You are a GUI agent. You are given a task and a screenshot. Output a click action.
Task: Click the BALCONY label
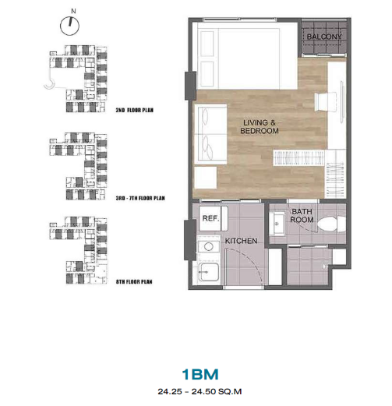click(x=324, y=37)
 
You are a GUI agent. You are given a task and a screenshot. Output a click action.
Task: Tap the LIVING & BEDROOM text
click(x=260, y=126)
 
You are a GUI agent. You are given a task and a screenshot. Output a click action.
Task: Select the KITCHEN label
click(x=241, y=241)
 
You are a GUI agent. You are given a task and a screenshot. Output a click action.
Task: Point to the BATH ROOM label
click(x=302, y=216)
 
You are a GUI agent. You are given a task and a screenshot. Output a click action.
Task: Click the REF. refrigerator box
click(x=214, y=218)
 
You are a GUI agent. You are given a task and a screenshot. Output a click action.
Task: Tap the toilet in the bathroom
click(x=331, y=224)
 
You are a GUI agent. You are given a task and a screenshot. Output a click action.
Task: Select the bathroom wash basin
click(x=277, y=224)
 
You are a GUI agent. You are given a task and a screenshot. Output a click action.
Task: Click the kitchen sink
click(x=209, y=272)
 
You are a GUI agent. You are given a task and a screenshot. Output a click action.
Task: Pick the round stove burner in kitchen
click(x=208, y=246)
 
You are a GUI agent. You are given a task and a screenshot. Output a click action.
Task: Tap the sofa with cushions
click(x=210, y=134)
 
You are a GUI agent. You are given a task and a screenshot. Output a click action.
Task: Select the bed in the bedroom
click(x=247, y=56)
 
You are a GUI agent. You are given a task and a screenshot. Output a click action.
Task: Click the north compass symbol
click(x=69, y=26)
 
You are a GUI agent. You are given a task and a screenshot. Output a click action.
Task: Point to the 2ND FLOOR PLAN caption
click(x=134, y=110)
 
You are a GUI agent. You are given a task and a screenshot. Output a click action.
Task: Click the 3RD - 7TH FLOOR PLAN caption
click(x=140, y=198)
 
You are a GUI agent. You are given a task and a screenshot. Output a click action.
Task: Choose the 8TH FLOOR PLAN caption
click(x=134, y=282)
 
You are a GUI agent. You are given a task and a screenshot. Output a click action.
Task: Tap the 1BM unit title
click(x=200, y=374)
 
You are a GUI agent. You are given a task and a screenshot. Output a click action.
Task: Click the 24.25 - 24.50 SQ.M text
click(x=200, y=391)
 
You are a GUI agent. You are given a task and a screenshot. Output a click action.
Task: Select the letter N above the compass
click(x=73, y=11)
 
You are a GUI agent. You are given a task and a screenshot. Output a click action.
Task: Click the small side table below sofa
click(x=206, y=178)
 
